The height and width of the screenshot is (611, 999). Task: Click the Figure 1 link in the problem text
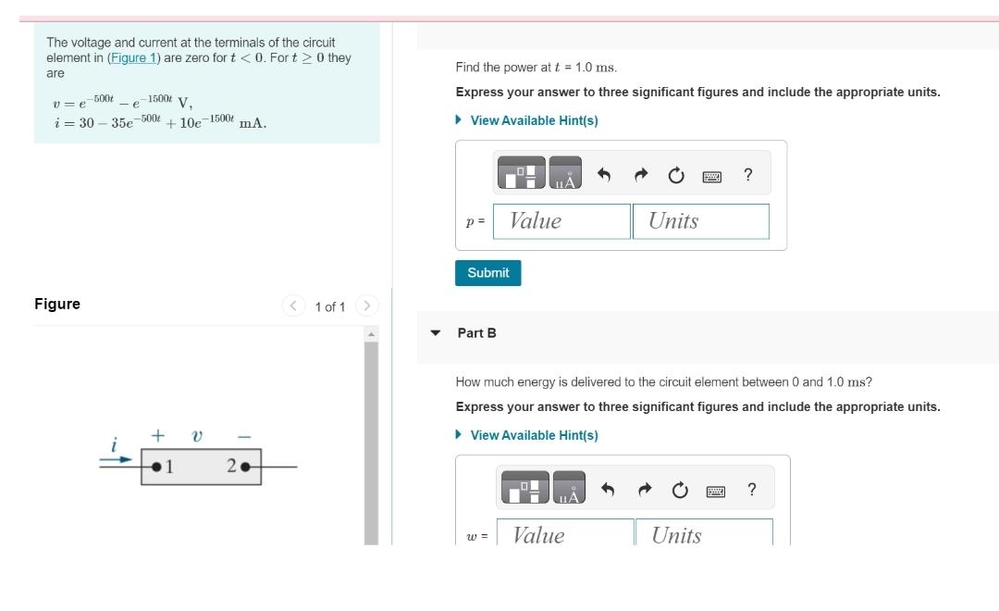(x=134, y=57)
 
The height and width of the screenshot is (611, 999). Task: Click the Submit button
(x=488, y=273)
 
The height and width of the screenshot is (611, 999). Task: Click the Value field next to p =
(x=561, y=221)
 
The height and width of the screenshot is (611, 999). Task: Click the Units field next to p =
(x=700, y=221)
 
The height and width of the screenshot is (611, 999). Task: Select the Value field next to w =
(x=564, y=534)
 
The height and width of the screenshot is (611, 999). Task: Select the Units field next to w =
(x=703, y=534)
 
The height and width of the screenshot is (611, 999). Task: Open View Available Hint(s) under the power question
(x=534, y=120)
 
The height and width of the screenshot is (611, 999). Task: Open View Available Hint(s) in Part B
(x=534, y=435)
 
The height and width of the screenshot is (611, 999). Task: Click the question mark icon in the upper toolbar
(x=747, y=175)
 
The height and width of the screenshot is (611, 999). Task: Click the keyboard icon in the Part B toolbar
(x=714, y=491)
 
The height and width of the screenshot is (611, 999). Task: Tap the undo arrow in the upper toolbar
(x=604, y=175)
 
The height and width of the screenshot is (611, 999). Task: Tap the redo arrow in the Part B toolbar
(x=645, y=490)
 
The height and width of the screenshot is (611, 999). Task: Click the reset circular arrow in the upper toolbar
(x=676, y=175)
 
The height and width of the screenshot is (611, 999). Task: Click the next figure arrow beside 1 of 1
(x=366, y=305)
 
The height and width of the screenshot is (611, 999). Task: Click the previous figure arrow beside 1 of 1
(x=294, y=305)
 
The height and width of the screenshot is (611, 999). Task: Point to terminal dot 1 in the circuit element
(x=157, y=466)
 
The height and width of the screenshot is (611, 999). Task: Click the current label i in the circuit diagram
(x=113, y=446)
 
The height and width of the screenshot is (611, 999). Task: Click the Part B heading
(x=476, y=332)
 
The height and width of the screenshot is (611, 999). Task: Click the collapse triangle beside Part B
(x=435, y=332)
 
